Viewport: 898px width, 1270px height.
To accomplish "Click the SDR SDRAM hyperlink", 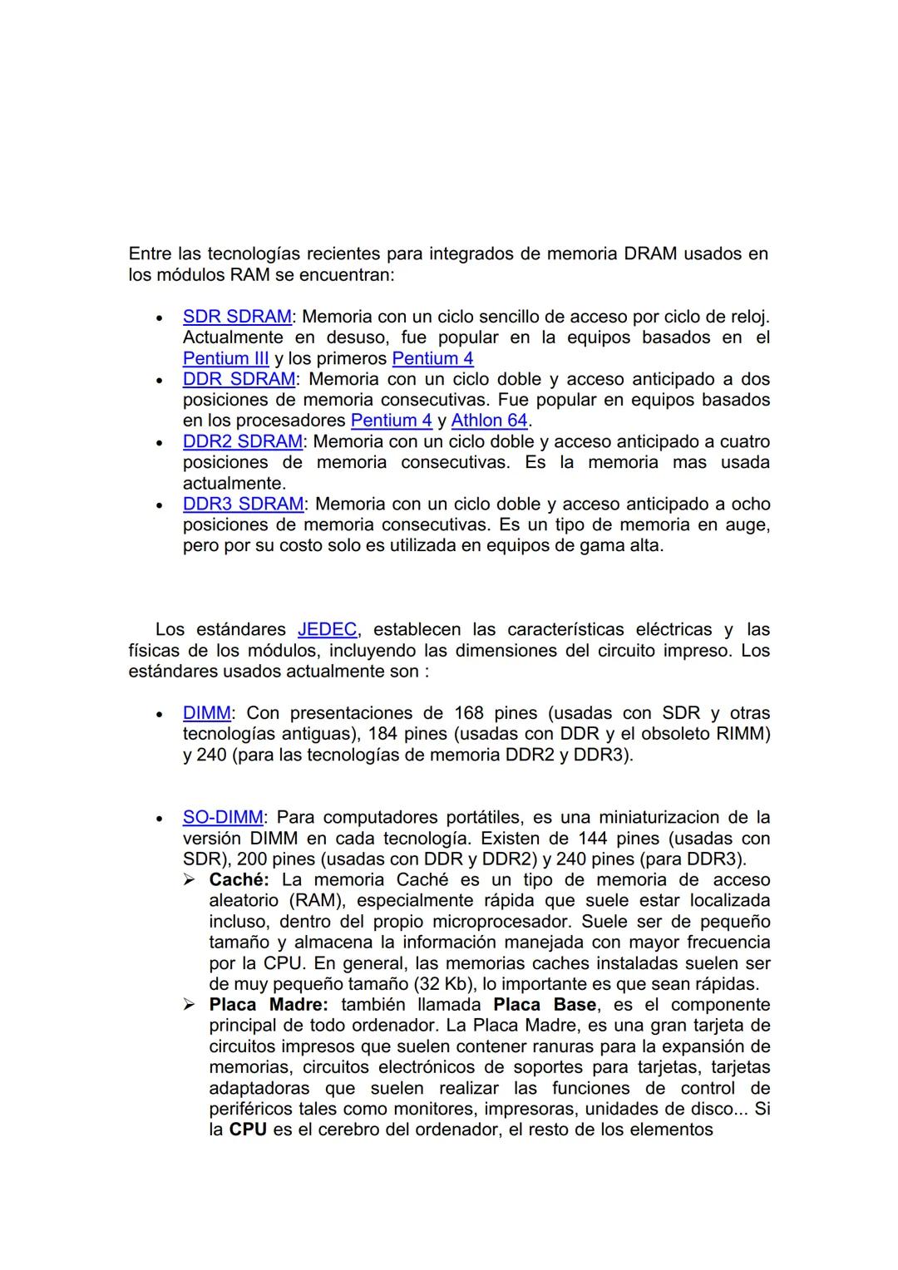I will tap(237, 317).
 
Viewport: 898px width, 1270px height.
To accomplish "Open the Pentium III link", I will tap(225, 358).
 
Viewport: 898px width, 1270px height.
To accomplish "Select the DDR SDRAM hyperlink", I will tap(239, 379).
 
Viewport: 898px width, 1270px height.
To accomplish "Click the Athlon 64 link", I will tap(489, 421).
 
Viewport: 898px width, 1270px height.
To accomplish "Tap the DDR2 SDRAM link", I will tap(244, 441).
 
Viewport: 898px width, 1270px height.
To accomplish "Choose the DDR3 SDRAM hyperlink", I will tap(244, 504).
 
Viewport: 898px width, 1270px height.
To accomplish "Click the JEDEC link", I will tap(328, 629).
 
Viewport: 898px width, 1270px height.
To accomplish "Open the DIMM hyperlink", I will tap(207, 713).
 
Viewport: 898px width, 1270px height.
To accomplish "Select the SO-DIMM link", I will tap(223, 817).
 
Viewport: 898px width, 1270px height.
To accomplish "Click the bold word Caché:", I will tap(239, 879).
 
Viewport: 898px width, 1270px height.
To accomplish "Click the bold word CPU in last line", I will tap(248, 1130).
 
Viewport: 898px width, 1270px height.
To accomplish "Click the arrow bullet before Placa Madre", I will tap(190, 1005).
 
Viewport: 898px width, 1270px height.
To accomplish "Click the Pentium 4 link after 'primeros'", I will tap(432, 358).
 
